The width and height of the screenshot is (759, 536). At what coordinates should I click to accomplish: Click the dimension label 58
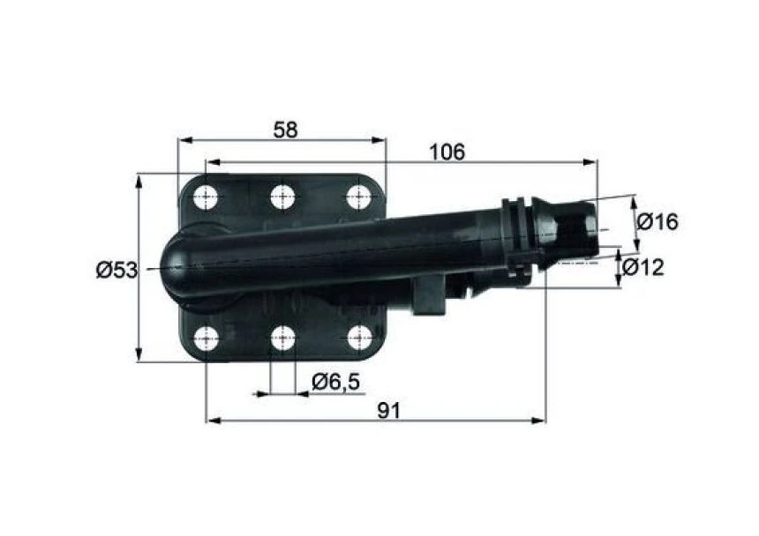[x=285, y=130]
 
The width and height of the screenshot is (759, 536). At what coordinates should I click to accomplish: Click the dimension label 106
[x=446, y=152]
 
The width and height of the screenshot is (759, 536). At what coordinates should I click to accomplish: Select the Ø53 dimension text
[x=116, y=270]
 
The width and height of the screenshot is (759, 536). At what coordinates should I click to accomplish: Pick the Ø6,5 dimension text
[x=336, y=381]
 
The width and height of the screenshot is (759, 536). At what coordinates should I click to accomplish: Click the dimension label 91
[x=388, y=409]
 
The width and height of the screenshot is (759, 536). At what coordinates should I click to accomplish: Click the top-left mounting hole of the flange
[x=207, y=196]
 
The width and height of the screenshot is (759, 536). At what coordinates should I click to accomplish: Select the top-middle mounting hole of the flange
[x=282, y=196]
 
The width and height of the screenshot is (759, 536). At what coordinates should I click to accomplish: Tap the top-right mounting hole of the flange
[x=358, y=196]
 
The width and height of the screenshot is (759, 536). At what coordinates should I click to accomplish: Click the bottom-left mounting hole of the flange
[x=207, y=338]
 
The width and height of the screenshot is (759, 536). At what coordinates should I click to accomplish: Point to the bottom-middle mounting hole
[x=282, y=338]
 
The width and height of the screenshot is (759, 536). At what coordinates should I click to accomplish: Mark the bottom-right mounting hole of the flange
[x=358, y=338]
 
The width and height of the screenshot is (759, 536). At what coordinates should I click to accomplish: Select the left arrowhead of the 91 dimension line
[x=212, y=421]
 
